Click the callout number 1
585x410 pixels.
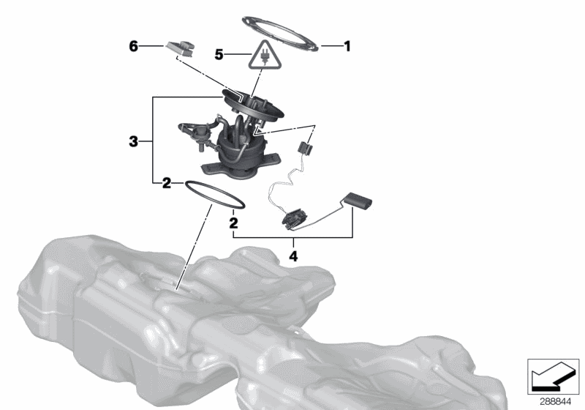pyautogui.click(x=347, y=46)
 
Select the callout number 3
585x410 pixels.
pyautogui.click(x=133, y=141)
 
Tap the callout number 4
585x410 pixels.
pyautogui.click(x=294, y=256)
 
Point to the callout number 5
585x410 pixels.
pyautogui.click(x=219, y=53)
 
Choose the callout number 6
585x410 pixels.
pyautogui.click(x=133, y=46)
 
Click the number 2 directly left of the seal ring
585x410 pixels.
pyautogui.click(x=167, y=183)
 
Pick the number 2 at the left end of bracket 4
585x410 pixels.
pyautogui.click(x=233, y=220)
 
